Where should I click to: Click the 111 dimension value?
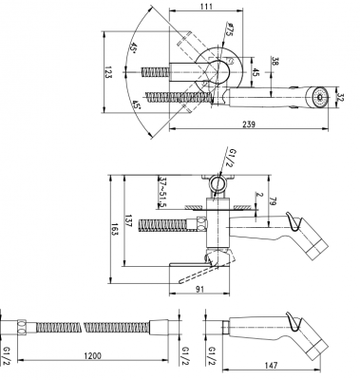206,6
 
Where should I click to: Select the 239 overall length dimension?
249,124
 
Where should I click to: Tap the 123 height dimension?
108,72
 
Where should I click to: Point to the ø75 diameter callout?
228,29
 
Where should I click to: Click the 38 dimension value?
275,62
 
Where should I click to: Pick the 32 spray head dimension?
341,97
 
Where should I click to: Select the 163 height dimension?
115,229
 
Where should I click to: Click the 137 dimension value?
129,221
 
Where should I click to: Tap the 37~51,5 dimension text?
162,192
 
